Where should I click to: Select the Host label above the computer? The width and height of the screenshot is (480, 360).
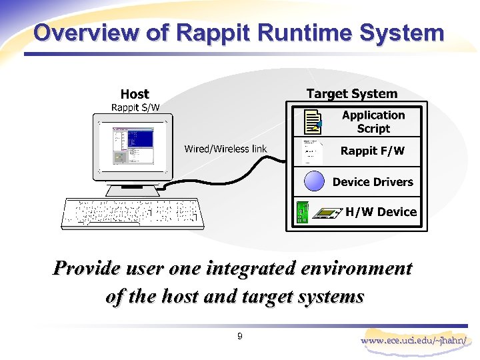tap(135, 95)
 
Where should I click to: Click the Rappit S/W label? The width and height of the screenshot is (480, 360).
tap(135, 107)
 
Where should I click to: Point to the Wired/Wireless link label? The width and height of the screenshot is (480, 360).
tap(225, 149)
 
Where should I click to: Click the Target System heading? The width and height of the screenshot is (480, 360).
tap(351, 94)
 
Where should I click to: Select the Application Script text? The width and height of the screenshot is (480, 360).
tap(373, 122)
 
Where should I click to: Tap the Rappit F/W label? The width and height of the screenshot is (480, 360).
tap(372, 151)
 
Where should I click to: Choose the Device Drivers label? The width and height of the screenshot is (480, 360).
tap(373, 182)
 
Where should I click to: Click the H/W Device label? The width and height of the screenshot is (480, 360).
tap(381, 212)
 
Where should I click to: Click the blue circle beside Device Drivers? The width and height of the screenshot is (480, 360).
tap(313, 181)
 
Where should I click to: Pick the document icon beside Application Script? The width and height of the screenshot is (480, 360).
tap(311, 122)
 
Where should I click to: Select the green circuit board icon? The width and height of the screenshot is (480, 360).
tap(302, 213)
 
